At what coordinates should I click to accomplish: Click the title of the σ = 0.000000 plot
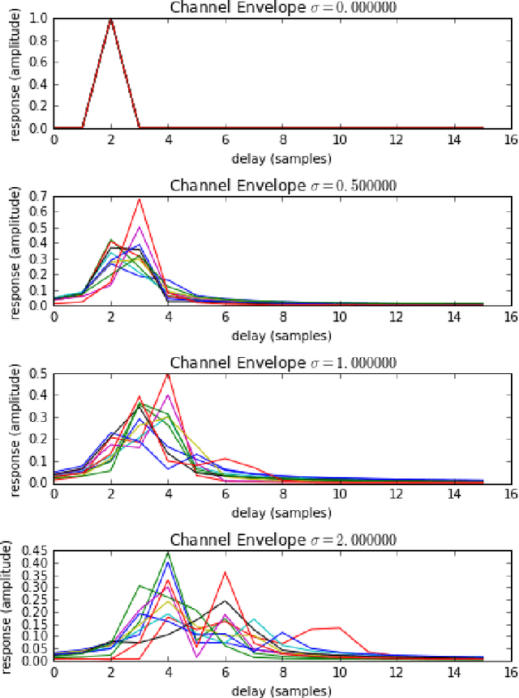[x=282, y=8]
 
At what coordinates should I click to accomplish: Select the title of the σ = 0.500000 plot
[x=282, y=185]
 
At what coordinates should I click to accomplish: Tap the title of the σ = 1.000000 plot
[x=282, y=362]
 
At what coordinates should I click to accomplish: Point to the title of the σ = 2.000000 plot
[x=282, y=540]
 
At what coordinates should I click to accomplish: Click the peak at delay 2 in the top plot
[x=111, y=19]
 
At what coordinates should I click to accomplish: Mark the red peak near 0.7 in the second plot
[x=139, y=199]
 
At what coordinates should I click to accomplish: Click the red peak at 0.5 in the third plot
[x=168, y=374]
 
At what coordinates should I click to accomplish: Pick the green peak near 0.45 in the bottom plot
[x=168, y=553]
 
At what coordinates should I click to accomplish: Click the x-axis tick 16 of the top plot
[x=510, y=138]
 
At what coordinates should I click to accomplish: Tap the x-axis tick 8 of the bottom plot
[x=282, y=671]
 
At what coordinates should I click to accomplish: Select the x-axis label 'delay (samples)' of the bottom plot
[x=282, y=690]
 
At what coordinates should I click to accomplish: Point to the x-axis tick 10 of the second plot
[x=339, y=316]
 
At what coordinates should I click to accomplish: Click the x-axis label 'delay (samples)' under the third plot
[x=282, y=513]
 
